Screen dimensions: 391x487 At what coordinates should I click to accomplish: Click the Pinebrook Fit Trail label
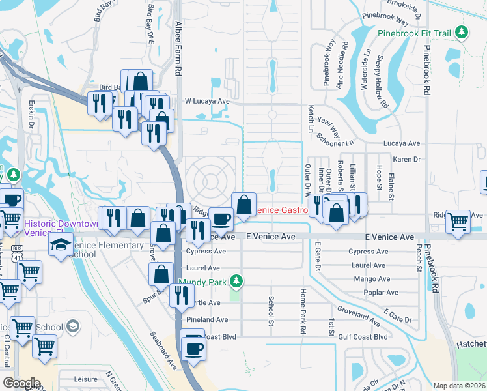[x=414, y=32]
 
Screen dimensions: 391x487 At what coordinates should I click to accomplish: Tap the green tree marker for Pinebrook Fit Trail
[x=462, y=32]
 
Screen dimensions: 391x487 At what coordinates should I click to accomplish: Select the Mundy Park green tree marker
[x=238, y=282]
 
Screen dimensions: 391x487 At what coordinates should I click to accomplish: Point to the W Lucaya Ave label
[x=207, y=102]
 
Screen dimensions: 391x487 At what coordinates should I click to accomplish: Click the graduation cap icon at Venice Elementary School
[x=61, y=244]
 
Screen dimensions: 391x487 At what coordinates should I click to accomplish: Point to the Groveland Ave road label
[x=357, y=315]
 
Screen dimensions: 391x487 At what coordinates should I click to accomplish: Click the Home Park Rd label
[x=303, y=311]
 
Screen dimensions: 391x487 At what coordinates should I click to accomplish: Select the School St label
[x=271, y=309]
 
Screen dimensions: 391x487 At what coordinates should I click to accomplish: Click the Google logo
[x=21, y=383]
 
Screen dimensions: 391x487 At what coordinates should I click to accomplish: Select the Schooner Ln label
[x=336, y=136]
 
